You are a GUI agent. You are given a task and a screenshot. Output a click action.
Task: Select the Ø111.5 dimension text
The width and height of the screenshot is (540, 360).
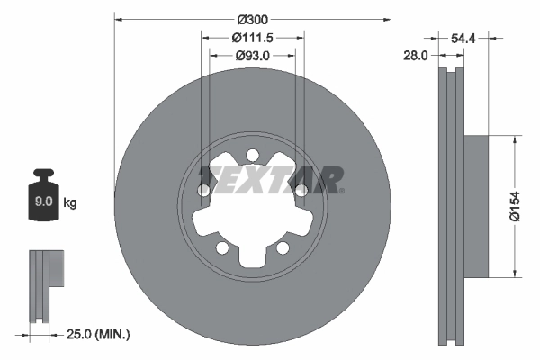point(253,38)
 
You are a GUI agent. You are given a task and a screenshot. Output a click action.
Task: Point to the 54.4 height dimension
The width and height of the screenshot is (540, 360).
point(462,39)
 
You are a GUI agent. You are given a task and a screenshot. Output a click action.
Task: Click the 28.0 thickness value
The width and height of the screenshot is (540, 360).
point(416,56)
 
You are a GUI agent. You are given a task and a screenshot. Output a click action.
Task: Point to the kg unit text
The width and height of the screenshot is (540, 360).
point(70,202)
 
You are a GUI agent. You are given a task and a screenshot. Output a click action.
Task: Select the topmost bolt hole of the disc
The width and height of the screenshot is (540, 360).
point(252,154)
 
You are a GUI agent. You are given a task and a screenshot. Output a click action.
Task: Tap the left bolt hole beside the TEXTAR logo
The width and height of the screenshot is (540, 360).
point(204,190)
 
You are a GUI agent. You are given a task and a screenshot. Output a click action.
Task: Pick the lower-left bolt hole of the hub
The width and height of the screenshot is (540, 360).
point(221,247)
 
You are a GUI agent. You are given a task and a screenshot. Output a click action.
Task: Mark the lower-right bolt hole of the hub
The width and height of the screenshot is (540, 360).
point(283,247)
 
